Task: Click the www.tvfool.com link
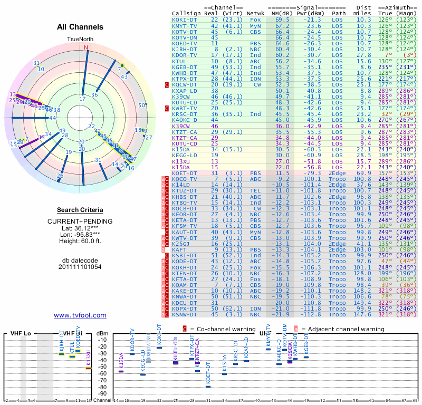point(80,315)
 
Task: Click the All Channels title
point(80,27)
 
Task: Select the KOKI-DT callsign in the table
point(185,20)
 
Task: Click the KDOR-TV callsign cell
point(185,55)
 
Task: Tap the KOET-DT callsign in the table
point(185,173)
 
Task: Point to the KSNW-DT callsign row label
point(185,315)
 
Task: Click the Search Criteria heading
point(80,210)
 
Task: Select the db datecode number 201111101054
point(80,267)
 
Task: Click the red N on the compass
point(87,47)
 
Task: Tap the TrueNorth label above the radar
point(80,40)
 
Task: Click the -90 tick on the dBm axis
point(103,393)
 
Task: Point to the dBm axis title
point(102,333)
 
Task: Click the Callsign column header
point(186,13)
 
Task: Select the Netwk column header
point(256,13)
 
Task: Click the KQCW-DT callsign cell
point(185,84)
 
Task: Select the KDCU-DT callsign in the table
point(185,303)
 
